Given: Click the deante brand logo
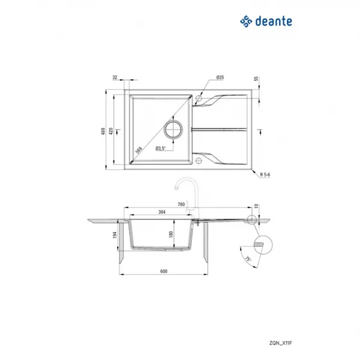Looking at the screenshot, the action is [266, 22].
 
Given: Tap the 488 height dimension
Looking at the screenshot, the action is [103, 131].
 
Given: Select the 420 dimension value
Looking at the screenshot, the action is [111, 131].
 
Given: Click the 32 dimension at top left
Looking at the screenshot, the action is [115, 77].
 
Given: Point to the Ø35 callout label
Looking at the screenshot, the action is [220, 77].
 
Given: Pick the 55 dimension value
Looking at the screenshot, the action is [256, 79].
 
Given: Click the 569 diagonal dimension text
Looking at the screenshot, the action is [139, 150].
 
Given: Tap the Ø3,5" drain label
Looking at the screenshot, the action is [161, 148].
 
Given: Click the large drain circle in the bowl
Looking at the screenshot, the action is [173, 129].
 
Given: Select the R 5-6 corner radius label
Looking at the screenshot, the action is [265, 175].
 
